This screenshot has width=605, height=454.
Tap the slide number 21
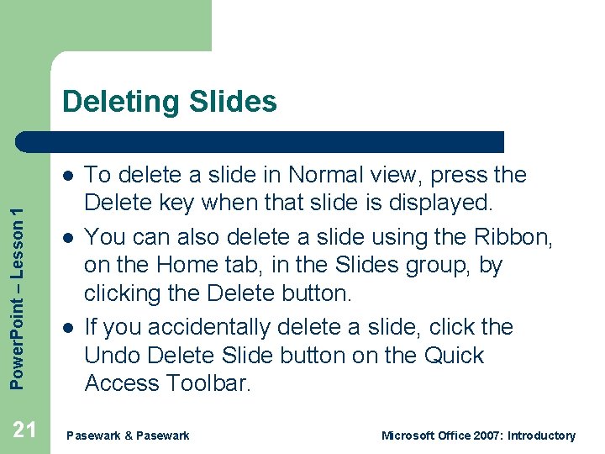click(x=25, y=430)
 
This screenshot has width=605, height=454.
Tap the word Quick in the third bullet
click(x=450, y=356)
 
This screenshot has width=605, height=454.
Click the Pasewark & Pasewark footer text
click(x=128, y=436)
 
